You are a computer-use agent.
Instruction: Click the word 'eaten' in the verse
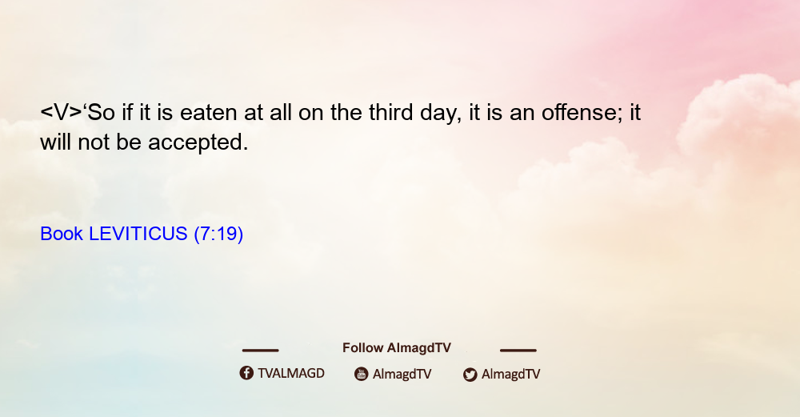click(209, 113)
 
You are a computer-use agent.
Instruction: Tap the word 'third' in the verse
click(391, 112)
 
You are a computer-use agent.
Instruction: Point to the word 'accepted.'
click(198, 142)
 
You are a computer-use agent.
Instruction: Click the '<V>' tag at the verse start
click(61, 113)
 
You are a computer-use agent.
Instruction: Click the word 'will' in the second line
click(56, 142)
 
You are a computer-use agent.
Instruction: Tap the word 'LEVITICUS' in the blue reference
click(138, 234)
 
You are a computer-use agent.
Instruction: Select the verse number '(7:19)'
click(218, 234)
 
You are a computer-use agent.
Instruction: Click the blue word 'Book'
click(62, 234)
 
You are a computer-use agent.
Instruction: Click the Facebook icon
click(246, 373)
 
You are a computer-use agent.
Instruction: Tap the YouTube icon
click(362, 374)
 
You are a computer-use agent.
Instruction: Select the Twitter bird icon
click(470, 375)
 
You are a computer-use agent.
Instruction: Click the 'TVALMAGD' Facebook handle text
click(291, 373)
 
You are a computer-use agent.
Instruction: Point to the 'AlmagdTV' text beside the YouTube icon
click(402, 374)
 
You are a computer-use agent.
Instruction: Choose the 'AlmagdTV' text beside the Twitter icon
click(510, 374)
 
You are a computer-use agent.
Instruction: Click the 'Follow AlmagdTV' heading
click(397, 347)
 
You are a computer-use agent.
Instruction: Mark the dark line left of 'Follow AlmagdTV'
click(260, 350)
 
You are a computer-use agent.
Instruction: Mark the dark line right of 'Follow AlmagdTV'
click(518, 350)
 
